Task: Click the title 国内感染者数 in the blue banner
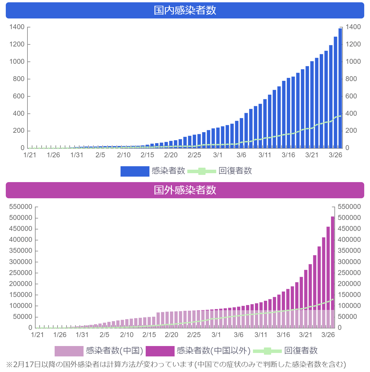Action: pyautogui.click(x=185, y=10)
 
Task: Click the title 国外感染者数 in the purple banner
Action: pyautogui.click(x=185, y=190)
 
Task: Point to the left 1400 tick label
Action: pyautogui.click(x=17, y=27)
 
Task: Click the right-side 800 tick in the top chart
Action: pyautogui.click(x=351, y=79)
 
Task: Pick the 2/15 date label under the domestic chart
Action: pyautogui.click(x=147, y=155)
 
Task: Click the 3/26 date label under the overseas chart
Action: pyautogui.click(x=328, y=335)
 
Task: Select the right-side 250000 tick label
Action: pyautogui.click(x=349, y=273)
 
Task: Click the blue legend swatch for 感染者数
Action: pyautogui.click(x=135, y=171)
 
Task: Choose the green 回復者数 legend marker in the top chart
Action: pyautogui.click(x=202, y=171)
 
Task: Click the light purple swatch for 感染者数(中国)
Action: pyautogui.click(x=69, y=351)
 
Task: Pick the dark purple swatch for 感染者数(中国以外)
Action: pyautogui.click(x=160, y=351)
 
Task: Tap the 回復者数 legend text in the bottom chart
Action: pyautogui.click(x=301, y=351)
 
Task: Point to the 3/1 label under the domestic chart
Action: pyautogui.click(x=218, y=155)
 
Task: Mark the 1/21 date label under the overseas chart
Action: pyautogui.click(x=37, y=335)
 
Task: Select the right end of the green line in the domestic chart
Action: pyautogui.click(x=340, y=116)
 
